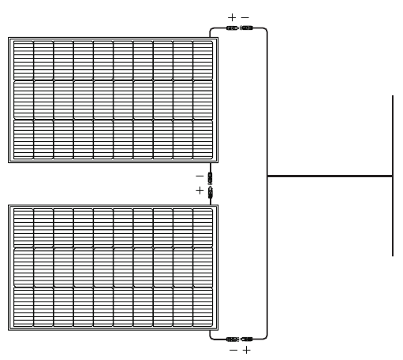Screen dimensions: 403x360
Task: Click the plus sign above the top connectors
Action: pos(232,17)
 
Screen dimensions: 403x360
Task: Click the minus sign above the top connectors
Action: pos(245,17)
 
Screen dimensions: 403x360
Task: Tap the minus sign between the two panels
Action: pos(200,176)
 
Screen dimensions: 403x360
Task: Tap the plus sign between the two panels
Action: pos(200,191)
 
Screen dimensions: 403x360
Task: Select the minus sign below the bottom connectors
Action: pos(233,350)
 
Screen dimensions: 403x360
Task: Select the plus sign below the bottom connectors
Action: pos(247,350)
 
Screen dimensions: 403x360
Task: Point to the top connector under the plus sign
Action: pos(233,28)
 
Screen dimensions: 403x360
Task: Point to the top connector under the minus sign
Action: pos(247,28)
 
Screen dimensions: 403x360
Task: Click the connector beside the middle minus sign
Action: pos(210,179)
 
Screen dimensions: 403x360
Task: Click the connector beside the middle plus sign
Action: pos(211,192)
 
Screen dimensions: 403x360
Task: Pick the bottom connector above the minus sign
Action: pos(233,340)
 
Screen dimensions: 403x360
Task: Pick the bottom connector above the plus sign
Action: pos(247,340)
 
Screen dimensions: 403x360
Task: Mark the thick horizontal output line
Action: pos(330,176)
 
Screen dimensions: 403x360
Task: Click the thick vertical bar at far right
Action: pos(393,176)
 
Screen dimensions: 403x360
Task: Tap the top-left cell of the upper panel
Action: pos(24,61)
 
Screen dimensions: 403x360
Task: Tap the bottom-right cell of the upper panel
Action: pos(203,139)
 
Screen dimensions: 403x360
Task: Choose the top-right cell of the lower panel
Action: pos(203,228)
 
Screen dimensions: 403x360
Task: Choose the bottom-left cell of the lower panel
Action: pos(24,307)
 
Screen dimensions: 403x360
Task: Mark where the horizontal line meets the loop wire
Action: pos(267,176)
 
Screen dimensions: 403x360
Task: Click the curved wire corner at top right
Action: pos(266,29)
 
